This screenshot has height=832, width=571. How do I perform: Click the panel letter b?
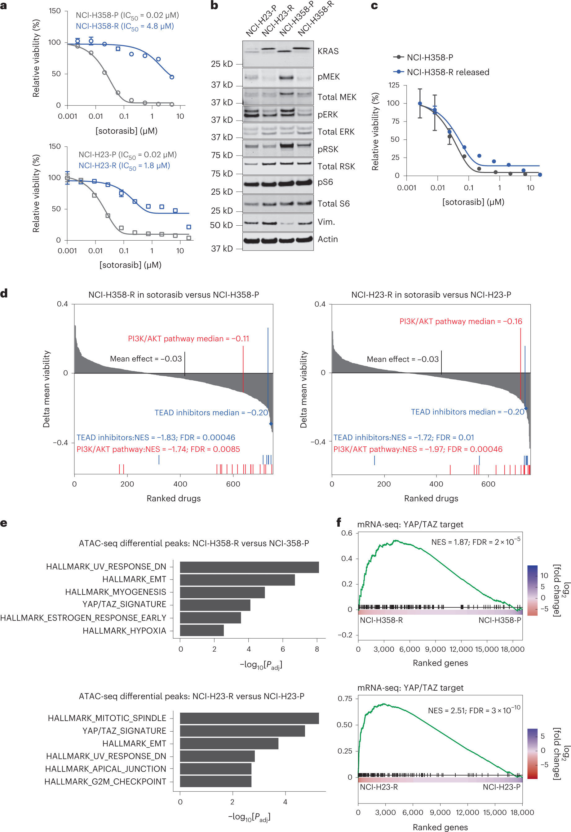pyautogui.click(x=214, y=5)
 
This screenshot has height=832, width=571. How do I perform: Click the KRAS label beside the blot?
pyautogui.click(x=328, y=51)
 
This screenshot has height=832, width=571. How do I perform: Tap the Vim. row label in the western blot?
pyautogui.click(x=326, y=222)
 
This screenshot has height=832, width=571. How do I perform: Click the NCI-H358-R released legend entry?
pyautogui.click(x=448, y=72)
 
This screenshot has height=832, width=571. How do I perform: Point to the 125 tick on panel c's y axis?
pyautogui.click(x=394, y=85)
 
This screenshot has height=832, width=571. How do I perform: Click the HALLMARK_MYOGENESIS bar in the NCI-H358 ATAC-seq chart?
pyautogui.click(x=222, y=592)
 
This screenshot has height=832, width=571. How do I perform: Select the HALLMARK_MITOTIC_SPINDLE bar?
pyautogui.click(x=249, y=718)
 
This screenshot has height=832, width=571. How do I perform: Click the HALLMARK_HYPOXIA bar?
pyautogui.click(x=201, y=631)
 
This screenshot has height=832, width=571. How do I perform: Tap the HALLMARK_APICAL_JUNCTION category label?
pyautogui.click(x=106, y=769)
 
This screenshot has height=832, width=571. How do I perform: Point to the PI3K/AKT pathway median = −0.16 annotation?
pyautogui.click(x=460, y=321)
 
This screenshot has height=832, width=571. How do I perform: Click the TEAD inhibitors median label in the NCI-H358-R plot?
pyautogui.click(x=211, y=413)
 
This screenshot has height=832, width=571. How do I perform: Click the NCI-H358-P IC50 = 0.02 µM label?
pyautogui.click(x=127, y=15)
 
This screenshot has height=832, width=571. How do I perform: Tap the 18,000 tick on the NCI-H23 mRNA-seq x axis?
pyautogui.click(x=522, y=812)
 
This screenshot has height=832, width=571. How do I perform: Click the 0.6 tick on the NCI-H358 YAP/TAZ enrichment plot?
pyautogui.click(x=346, y=533)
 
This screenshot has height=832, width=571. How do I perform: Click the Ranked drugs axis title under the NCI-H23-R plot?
pyautogui.click(x=431, y=498)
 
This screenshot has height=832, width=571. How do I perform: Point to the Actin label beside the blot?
pyautogui.click(x=328, y=239)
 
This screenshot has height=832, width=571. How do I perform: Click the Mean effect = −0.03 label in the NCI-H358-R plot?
pyautogui.click(x=146, y=359)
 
